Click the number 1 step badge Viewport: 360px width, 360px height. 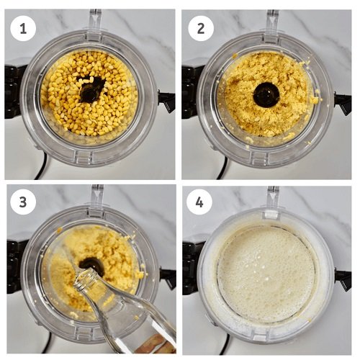[23, 30]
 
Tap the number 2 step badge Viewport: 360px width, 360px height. [201, 29]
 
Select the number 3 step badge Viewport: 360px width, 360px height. [23, 202]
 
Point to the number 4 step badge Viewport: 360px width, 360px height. [199, 202]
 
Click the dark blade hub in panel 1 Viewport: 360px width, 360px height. [92, 89]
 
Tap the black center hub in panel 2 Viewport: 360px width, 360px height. [266, 94]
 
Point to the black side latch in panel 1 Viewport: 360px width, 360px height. [166, 102]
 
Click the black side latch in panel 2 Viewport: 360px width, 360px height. [343, 104]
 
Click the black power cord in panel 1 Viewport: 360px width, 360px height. [41, 168]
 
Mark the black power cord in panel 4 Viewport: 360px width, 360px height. [224, 343]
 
